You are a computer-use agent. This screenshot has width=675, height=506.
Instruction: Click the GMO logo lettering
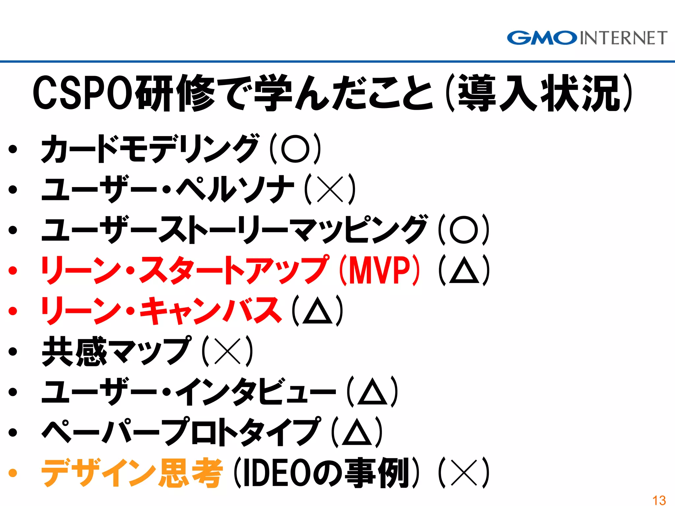click(x=542, y=38)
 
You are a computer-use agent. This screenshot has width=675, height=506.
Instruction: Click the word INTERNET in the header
click(x=623, y=38)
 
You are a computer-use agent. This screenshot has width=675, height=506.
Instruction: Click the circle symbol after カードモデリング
click(x=295, y=149)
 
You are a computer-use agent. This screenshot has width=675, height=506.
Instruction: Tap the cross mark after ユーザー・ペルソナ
click(x=330, y=189)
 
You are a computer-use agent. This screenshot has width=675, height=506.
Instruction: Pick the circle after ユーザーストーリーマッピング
click(x=464, y=230)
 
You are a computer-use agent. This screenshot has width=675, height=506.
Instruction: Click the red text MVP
click(x=379, y=270)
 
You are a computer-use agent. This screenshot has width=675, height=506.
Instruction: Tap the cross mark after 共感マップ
click(x=227, y=351)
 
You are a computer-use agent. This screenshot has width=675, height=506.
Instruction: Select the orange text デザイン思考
click(x=132, y=473)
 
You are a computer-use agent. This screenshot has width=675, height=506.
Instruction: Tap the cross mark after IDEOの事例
click(x=464, y=473)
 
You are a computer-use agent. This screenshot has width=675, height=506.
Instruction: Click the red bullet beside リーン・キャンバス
click(x=13, y=311)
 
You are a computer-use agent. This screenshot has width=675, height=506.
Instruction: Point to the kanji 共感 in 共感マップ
click(x=74, y=351)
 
